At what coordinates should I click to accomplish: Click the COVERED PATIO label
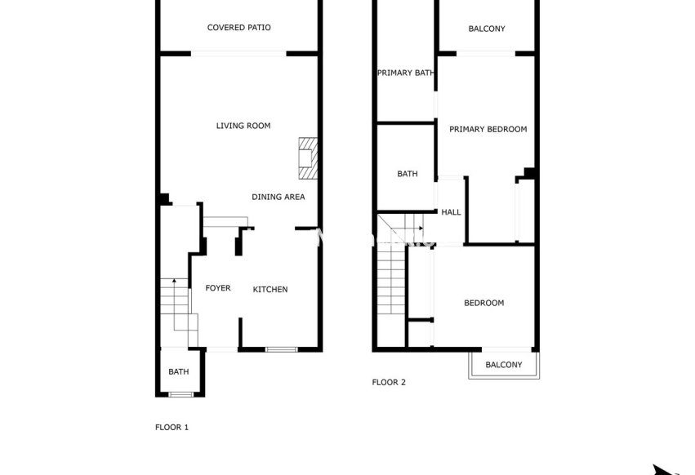point(238,28)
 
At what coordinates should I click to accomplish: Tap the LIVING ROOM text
point(243,126)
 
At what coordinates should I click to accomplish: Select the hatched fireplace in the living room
point(307,158)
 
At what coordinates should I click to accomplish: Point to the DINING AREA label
point(278,197)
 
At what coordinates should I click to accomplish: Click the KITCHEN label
point(270,290)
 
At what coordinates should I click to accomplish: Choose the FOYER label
point(217,288)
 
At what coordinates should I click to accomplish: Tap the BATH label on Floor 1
point(178,372)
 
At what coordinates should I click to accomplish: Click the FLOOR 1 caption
point(172,427)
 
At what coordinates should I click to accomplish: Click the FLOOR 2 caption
point(389,382)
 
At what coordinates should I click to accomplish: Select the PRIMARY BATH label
point(405,73)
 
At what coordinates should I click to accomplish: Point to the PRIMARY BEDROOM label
point(488,129)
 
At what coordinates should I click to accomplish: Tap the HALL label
point(451,212)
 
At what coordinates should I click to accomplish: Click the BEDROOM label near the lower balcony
point(483,303)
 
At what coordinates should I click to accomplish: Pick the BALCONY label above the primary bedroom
point(487,29)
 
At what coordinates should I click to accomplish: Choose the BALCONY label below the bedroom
point(503,365)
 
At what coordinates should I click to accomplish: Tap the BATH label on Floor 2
point(407,174)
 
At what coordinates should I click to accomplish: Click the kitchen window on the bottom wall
point(281,350)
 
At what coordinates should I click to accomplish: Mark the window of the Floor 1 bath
point(180,395)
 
